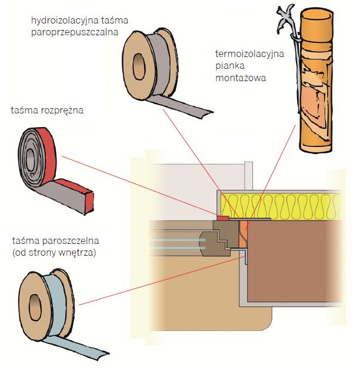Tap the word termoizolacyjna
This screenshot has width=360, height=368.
[x=249, y=55]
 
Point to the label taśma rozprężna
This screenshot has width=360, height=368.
[x=47, y=110]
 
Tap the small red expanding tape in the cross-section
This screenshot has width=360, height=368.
[x=223, y=218]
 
